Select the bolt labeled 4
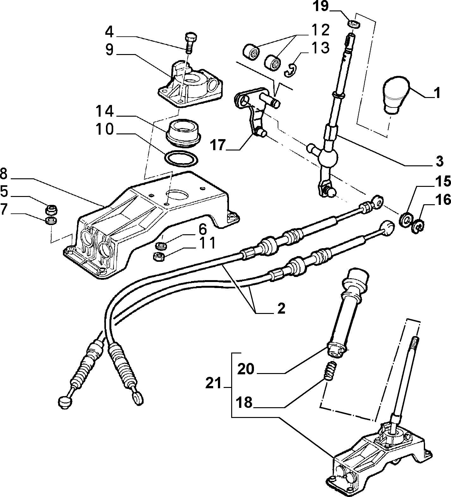point(190,42)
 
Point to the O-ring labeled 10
point(181,159)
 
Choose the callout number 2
point(280,308)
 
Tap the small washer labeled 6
point(161,244)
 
